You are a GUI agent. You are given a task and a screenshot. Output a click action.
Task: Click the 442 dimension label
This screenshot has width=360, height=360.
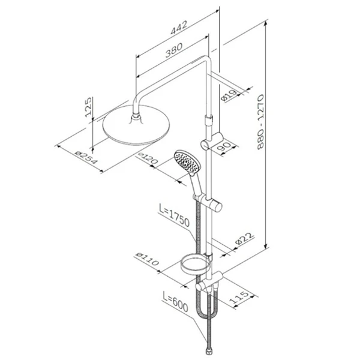(x=179, y=28)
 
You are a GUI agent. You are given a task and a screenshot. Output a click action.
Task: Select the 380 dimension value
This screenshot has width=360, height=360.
(x=174, y=50)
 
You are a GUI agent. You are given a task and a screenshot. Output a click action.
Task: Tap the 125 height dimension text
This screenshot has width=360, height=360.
(x=88, y=107)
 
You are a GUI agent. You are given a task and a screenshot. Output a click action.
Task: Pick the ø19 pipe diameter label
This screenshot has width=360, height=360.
(x=229, y=95)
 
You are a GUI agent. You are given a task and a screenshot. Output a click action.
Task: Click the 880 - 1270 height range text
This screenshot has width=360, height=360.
(x=260, y=122)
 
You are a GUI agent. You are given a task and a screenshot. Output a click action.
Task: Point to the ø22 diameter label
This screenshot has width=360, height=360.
(x=245, y=239)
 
